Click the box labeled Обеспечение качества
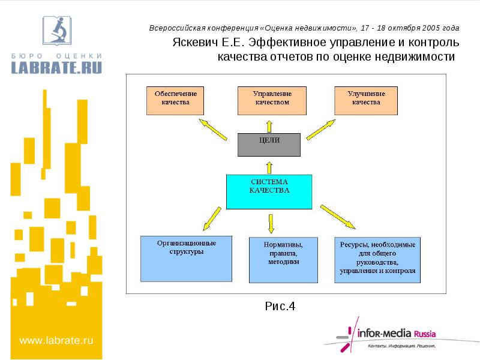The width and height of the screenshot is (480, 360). (175, 101)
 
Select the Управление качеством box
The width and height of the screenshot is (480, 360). (272, 101)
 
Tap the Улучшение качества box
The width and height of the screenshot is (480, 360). (366, 101)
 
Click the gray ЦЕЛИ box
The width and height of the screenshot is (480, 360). (269, 145)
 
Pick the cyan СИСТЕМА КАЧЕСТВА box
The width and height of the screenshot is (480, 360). (269, 191)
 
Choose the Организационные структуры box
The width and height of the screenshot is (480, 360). (186, 259)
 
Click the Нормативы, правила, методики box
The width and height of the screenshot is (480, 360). (283, 260)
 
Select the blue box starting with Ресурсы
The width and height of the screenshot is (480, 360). (377, 260)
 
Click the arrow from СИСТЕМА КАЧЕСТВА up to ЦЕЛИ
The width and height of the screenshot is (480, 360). (269, 166)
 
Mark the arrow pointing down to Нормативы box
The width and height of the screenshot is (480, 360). (271, 223)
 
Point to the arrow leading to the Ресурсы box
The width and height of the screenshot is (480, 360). (338, 217)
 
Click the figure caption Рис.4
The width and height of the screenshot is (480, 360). (280, 307)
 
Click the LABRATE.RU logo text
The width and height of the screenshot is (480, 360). (56, 67)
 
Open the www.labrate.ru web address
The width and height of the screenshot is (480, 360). (56, 340)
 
